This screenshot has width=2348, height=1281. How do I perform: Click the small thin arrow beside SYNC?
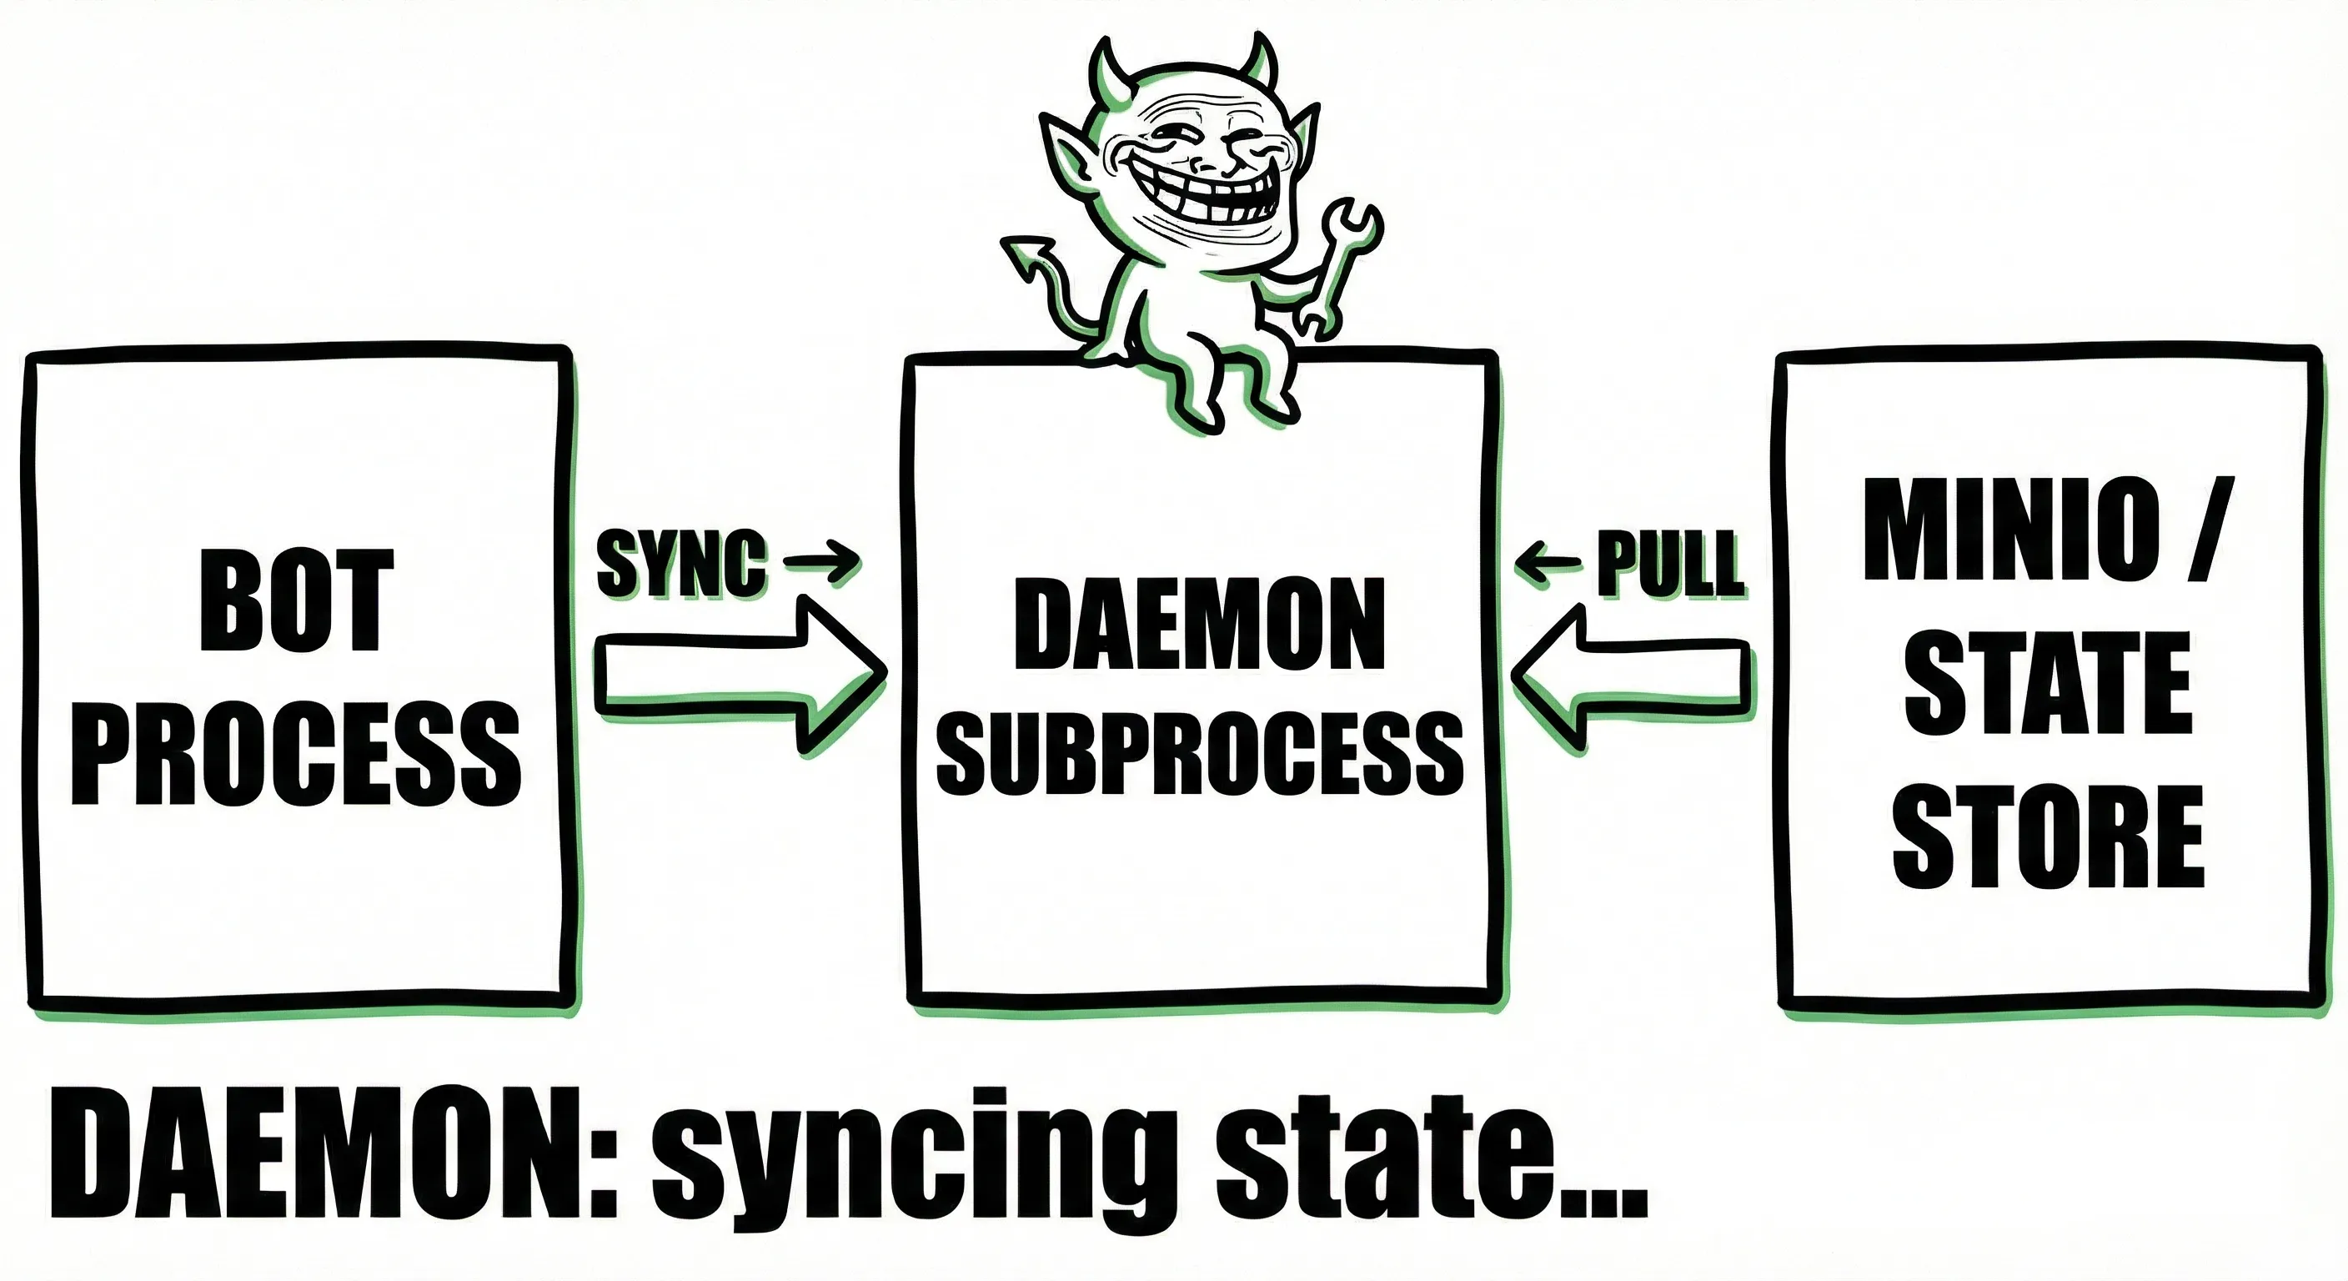(x=822, y=560)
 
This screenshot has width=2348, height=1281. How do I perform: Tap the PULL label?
(x=1670, y=565)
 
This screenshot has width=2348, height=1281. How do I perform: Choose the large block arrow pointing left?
(x=1632, y=676)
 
